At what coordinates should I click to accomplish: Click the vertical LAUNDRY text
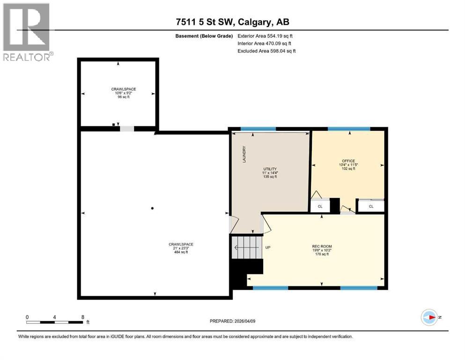coord(244,154)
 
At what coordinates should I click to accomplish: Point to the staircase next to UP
coord(246,244)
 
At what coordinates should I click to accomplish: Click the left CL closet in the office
coord(320,206)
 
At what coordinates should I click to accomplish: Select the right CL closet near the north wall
coord(371,206)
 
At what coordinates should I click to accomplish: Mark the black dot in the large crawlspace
coord(153,208)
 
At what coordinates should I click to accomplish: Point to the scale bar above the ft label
coord(55,322)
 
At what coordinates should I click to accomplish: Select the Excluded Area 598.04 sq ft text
coord(266,51)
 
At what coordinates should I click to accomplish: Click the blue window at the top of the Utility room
coord(258,129)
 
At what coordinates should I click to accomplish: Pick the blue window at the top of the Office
coord(349,129)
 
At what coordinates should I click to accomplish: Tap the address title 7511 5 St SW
coord(232,22)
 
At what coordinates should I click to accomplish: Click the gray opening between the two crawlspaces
coord(126,129)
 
